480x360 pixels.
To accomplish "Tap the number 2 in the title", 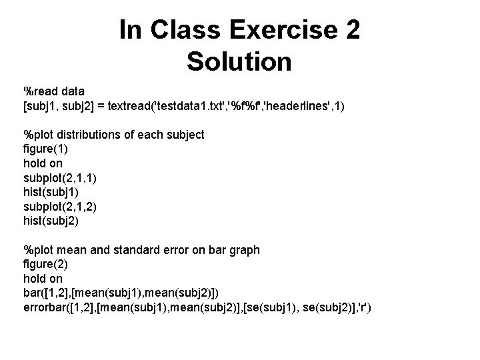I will [352, 30].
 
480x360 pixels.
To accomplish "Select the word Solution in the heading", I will [239, 61].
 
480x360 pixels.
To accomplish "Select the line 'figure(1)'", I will [45, 149].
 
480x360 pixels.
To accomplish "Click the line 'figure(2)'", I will [45, 265].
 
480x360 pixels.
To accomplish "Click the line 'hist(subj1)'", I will [51, 192].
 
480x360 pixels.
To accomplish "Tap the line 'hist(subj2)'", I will [51, 221].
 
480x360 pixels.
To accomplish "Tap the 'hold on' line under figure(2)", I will [44, 279].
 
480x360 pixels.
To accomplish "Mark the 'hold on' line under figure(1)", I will [44, 163].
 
